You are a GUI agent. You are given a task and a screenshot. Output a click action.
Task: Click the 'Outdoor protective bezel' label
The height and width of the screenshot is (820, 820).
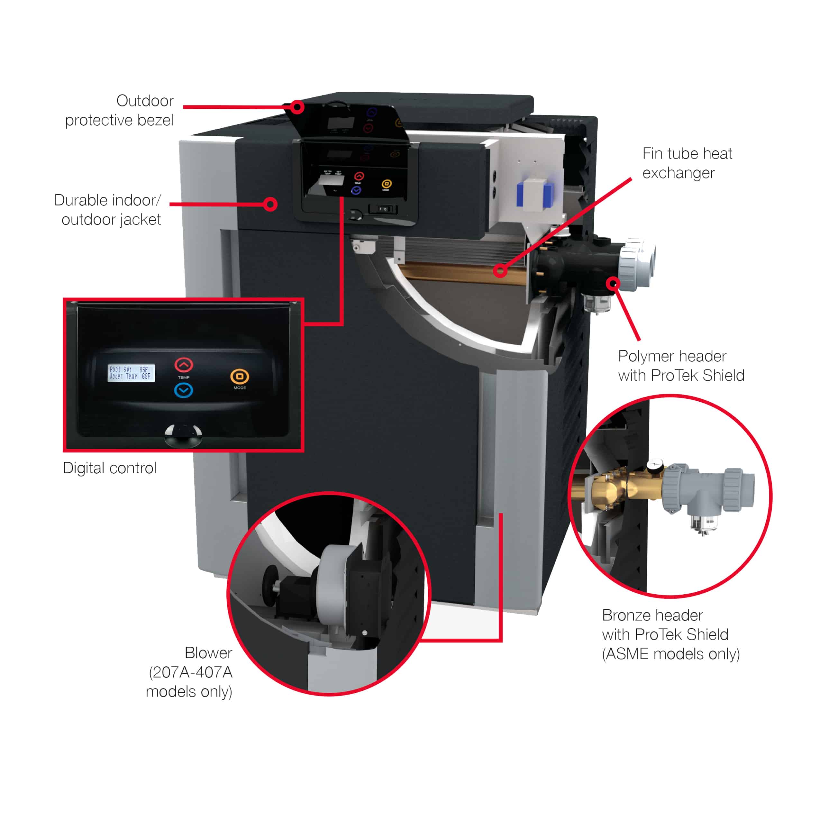120,110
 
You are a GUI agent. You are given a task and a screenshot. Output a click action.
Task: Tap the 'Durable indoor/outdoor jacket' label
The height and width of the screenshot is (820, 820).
108,210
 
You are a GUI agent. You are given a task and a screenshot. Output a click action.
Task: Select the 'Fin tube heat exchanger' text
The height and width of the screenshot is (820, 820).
687,163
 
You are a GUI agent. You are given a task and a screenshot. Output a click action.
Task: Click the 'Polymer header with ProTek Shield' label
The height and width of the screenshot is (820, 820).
681,365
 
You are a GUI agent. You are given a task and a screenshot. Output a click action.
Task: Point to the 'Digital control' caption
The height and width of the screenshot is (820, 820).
110,468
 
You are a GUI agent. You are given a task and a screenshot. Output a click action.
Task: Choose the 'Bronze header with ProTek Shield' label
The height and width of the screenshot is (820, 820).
670,634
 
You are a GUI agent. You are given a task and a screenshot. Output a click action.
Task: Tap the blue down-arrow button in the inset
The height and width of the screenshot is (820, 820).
184,390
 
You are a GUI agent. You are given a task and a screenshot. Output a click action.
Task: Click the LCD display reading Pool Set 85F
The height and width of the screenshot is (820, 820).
131,373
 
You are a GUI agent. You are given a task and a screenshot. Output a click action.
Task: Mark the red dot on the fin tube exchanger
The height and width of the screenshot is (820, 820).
500,270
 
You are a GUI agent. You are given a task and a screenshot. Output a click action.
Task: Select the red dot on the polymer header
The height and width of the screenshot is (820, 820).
613,283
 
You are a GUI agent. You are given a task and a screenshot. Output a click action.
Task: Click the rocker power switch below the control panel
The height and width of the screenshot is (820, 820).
383,209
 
